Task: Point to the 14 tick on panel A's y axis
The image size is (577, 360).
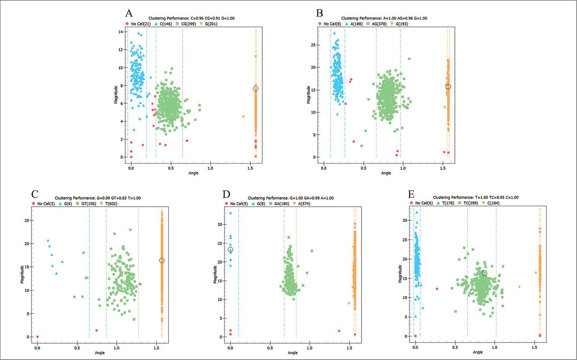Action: (x=120, y=32)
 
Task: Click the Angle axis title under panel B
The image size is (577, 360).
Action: (x=386, y=173)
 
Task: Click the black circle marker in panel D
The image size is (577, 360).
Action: (x=230, y=250)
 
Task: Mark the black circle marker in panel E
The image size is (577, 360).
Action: (x=484, y=273)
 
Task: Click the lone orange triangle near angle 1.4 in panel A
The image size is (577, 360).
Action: (x=243, y=117)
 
